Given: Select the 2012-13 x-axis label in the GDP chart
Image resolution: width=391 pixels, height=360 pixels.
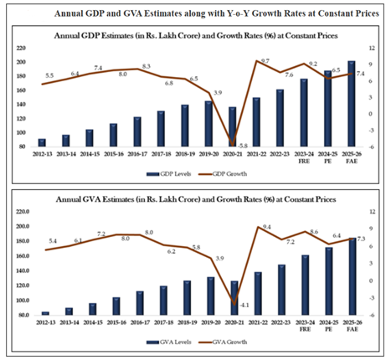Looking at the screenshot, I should pos(43,156).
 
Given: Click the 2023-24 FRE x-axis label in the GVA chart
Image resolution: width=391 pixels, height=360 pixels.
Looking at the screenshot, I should pos(303,325).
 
